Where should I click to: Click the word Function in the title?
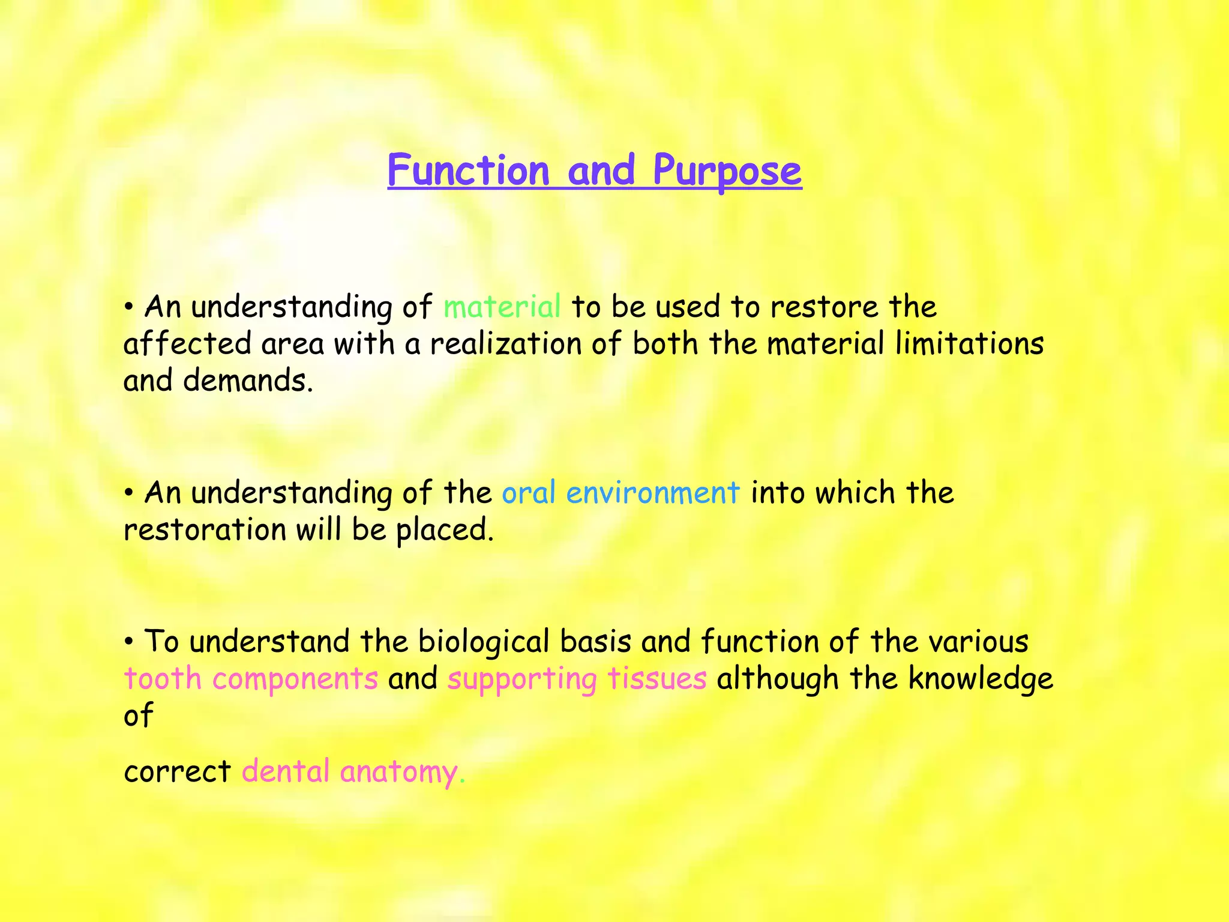[469, 170]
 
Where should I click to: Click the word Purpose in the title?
[727, 172]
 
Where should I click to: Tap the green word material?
[502, 307]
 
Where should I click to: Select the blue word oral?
[528, 493]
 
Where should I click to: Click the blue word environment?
[652, 493]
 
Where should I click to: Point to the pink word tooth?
[162, 679]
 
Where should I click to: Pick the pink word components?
[295, 680]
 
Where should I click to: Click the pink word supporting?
[521, 680]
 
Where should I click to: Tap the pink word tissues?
[657, 679]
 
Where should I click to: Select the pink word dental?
[286, 771]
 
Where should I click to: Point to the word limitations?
[969, 344]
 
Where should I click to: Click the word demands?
[247, 381]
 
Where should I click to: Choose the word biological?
[483, 642]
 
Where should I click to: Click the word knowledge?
[981, 679]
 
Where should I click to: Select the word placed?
[444, 530]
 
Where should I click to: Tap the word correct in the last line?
[177, 773]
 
